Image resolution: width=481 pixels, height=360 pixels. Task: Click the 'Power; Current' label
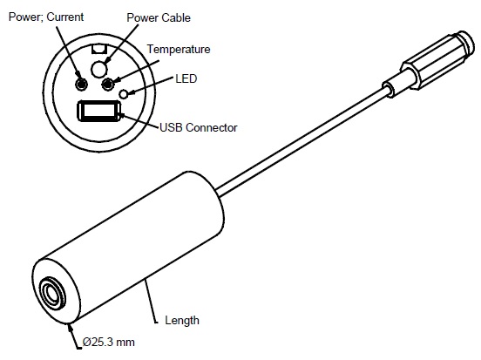click(46, 17)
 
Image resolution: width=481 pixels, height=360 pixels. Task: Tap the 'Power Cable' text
click(159, 17)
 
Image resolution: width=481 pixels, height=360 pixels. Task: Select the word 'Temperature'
click(179, 50)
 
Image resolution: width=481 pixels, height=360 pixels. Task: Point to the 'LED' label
click(186, 78)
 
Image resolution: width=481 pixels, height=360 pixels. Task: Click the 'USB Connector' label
click(199, 127)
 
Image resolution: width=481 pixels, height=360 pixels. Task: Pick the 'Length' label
click(182, 321)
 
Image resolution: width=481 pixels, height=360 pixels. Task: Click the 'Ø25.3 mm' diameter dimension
click(109, 342)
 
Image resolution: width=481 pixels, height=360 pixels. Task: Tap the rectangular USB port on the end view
click(98, 111)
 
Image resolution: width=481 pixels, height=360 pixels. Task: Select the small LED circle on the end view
click(124, 94)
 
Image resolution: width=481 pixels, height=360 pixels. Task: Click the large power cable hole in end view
click(99, 69)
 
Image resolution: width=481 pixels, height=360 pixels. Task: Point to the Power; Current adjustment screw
click(81, 84)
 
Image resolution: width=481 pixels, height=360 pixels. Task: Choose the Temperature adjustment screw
click(107, 84)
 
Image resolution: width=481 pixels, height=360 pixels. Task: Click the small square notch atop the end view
click(99, 50)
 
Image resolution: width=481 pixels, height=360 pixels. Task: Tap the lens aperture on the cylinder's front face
click(52, 293)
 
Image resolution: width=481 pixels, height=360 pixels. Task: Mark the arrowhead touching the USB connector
click(122, 116)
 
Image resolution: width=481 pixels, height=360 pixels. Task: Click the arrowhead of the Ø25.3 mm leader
click(71, 328)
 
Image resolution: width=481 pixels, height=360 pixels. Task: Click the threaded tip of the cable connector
click(466, 42)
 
